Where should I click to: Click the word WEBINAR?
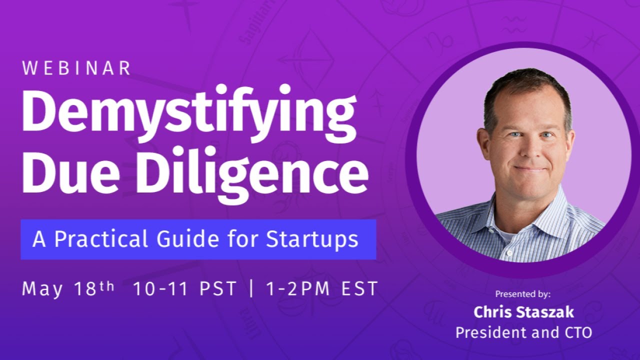click(76, 68)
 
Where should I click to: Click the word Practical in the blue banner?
click(102, 239)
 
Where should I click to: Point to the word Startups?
click(312, 239)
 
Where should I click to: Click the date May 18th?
click(68, 289)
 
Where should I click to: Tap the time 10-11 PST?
click(184, 289)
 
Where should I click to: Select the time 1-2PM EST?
click(320, 289)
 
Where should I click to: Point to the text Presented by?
click(523, 294)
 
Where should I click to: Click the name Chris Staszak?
click(523, 312)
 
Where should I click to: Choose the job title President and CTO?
click(523, 332)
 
